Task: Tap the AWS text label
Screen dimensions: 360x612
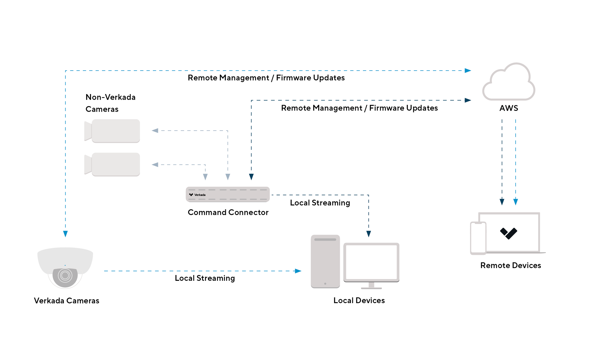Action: [508, 108]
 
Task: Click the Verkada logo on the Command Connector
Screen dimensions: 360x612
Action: [191, 195]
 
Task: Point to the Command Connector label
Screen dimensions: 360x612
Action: [228, 212]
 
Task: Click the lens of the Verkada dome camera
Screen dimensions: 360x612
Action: [65, 275]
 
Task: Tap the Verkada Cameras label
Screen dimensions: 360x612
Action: [66, 301]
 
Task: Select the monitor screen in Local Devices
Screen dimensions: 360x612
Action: [371, 262]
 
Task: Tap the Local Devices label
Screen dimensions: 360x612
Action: [359, 300]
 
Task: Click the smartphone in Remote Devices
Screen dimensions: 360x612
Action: [478, 238]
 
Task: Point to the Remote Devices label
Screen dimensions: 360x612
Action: [510, 265]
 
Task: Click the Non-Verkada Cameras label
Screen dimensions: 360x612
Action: [110, 103]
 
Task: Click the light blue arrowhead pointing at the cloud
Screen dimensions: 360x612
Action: [468, 71]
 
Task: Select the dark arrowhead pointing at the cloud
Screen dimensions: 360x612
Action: [468, 100]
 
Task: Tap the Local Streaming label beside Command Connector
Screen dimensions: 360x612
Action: [320, 203]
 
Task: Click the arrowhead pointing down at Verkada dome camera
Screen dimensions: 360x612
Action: [66, 234]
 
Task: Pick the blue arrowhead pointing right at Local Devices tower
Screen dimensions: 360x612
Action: [298, 271]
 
